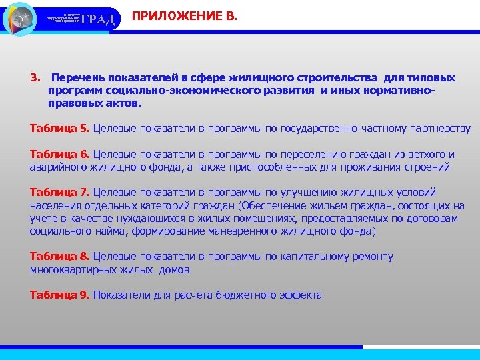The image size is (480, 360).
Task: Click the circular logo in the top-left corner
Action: [x=20, y=19]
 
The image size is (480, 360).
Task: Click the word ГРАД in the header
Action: [x=98, y=19]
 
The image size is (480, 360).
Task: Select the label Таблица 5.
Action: [x=60, y=128]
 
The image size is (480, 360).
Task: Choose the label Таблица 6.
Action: [x=60, y=154]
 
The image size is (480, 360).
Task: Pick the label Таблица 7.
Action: [x=60, y=193]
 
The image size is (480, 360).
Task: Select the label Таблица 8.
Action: [x=60, y=257]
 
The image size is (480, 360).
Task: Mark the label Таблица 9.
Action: [x=60, y=295]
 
